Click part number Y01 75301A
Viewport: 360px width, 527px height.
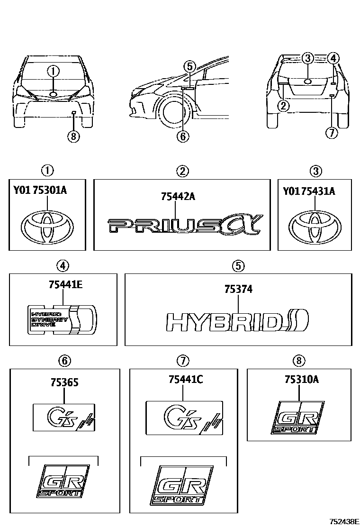40,191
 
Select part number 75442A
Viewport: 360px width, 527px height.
178,196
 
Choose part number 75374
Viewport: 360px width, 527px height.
239,289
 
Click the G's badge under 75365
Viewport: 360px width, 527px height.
64,417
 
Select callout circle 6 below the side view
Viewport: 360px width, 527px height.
183,136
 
